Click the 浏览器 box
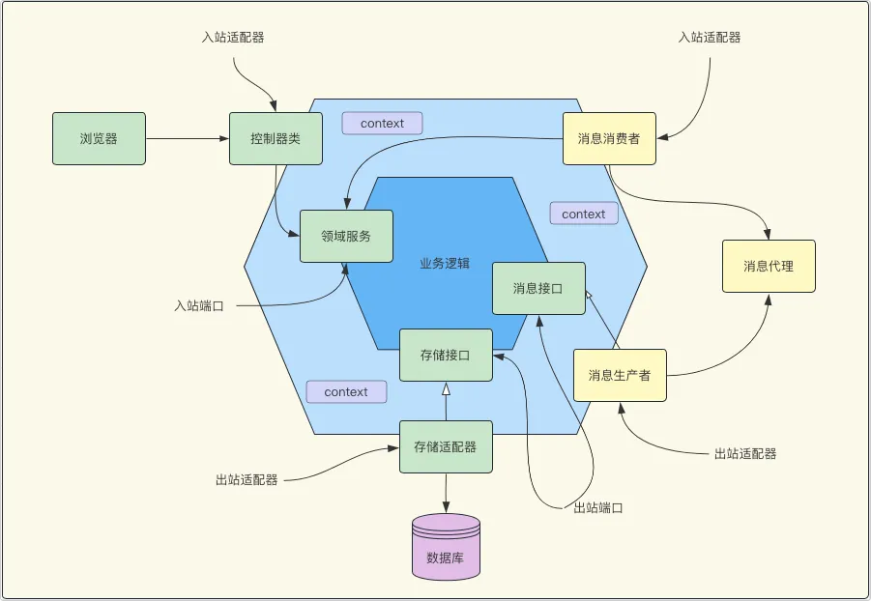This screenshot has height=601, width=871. point(99,138)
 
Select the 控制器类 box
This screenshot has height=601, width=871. point(276,138)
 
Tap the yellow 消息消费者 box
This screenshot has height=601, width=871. point(609,138)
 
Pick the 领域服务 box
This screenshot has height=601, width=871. point(346,236)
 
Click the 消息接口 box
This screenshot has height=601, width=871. point(538,288)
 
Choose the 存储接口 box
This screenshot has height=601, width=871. point(446,355)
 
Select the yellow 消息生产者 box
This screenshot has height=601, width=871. point(620,375)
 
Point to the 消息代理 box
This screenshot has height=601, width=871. point(769,266)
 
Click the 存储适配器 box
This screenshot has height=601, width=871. point(446,446)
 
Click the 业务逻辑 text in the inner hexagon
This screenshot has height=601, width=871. point(445,263)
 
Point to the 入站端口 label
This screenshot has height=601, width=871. point(199,306)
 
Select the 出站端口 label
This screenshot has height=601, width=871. point(598,508)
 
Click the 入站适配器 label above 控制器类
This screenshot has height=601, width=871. point(233,38)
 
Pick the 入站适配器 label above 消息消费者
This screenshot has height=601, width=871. point(710,38)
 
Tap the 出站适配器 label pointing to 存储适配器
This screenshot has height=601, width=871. point(247,479)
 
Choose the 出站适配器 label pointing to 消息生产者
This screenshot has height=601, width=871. point(745,453)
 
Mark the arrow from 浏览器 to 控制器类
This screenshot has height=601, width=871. point(187,138)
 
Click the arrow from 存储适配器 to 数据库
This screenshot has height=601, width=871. point(446,493)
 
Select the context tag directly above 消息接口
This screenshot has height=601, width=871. point(584,214)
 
